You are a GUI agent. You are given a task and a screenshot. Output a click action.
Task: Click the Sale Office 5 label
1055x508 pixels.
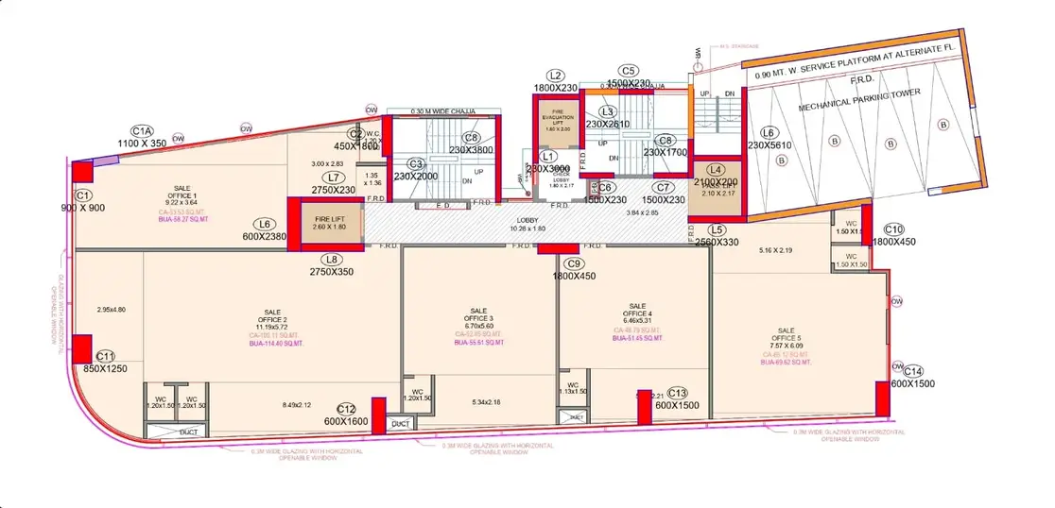tap(786, 336)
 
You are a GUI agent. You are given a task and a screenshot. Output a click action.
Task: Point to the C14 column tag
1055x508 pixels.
tap(912, 371)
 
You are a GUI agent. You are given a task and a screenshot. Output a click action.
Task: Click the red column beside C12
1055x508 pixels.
tap(378, 415)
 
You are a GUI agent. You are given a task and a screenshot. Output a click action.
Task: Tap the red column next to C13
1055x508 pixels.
tap(644, 408)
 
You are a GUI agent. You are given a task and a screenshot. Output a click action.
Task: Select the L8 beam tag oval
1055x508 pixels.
tap(329, 259)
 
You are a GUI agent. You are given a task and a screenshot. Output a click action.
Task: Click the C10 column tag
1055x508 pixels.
tap(893, 229)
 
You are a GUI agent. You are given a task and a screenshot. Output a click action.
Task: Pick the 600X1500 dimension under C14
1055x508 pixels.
tap(912, 383)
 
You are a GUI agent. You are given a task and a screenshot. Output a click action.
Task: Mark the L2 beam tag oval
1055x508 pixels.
tap(556, 76)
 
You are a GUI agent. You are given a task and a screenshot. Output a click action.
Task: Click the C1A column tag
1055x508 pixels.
tap(142, 130)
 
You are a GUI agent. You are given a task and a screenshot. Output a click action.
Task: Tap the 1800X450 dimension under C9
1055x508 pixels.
tap(573, 276)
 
